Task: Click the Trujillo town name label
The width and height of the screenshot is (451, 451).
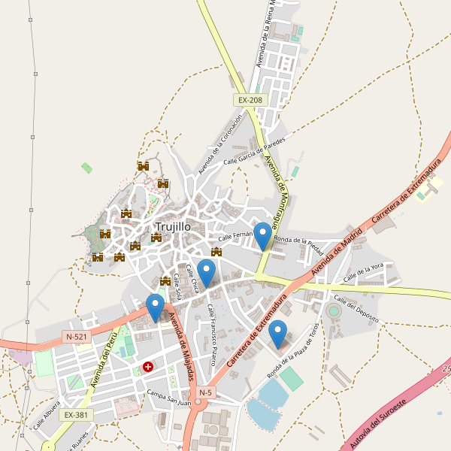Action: coord(173,226)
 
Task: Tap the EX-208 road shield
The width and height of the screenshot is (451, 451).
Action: coord(250,100)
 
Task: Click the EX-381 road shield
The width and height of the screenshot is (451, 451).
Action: coord(76,414)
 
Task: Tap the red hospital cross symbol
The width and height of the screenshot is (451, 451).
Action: coord(148,368)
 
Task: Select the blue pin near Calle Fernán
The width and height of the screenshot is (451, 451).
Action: coord(262,236)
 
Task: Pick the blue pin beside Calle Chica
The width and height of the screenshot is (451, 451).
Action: coord(206,273)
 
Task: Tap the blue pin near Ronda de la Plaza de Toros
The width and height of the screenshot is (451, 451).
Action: coord(278,334)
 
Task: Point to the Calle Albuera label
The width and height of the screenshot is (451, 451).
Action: coord(46,420)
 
